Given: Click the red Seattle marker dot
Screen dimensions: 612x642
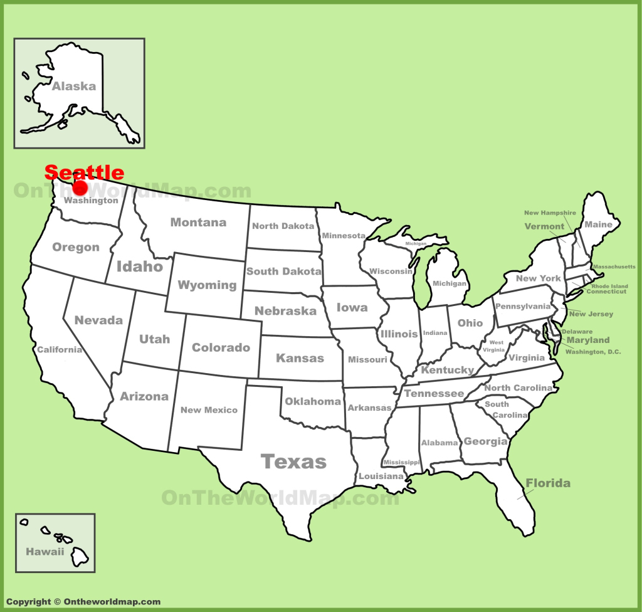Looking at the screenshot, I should point(80,187).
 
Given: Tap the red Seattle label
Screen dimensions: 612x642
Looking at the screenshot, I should point(84,172).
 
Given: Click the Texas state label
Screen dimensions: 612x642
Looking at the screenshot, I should point(293,462).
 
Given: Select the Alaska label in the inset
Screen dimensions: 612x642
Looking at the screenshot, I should point(73,87).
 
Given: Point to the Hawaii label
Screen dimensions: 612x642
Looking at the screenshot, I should point(45,552).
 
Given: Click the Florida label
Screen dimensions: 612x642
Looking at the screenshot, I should point(548,483).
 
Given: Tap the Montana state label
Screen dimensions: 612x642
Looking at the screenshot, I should point(198,222).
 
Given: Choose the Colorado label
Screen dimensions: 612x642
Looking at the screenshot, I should point(221,347).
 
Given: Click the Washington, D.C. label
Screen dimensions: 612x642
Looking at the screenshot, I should point(593,352).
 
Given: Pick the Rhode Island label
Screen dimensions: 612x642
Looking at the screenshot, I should point(606,285).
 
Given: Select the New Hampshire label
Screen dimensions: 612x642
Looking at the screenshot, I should point(550,213).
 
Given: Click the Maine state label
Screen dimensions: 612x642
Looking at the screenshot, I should point(598,224).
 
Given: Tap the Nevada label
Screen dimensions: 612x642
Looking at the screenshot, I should point(98,320).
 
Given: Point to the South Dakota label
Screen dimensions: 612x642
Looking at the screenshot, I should point(283,272).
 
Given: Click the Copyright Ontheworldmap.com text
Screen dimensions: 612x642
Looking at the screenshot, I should point(83,602).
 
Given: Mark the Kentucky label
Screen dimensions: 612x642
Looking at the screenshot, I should point(448,370).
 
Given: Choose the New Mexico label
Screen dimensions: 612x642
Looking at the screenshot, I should point(209,410).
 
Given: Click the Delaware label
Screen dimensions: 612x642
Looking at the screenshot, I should point(577,332).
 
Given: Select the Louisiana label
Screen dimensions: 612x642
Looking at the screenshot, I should point(381,477).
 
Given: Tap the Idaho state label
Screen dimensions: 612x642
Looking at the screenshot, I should point(139,266).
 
